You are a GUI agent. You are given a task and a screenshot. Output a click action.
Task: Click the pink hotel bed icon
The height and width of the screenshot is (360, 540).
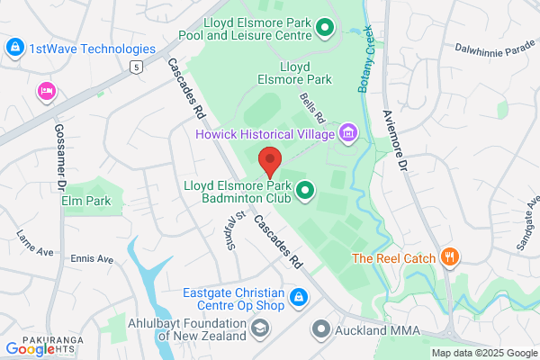(46, 91)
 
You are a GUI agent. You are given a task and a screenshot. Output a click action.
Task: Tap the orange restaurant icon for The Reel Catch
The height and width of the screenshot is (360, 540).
(451, 257)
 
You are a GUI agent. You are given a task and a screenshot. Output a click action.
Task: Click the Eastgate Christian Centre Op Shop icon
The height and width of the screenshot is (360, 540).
(298, 295)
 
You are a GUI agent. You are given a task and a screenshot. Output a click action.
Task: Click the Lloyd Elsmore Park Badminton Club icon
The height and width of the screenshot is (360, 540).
(305, 190)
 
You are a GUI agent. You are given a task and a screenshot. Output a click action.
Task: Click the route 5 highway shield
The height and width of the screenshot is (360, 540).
(136, 67)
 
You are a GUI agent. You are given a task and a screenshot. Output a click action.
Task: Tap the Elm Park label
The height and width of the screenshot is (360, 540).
(86, 200)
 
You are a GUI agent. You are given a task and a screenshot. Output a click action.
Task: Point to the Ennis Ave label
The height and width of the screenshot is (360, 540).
(93, 258)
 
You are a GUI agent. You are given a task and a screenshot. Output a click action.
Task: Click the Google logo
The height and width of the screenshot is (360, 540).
(30, 348)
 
